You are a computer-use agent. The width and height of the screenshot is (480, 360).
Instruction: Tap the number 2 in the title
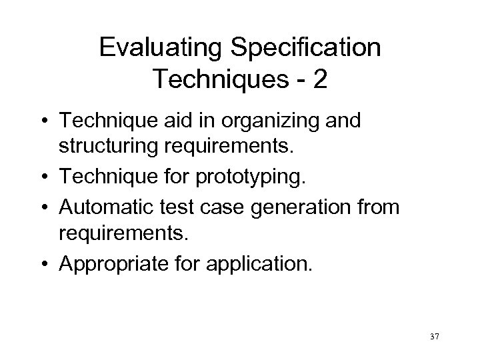coord(319,79)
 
